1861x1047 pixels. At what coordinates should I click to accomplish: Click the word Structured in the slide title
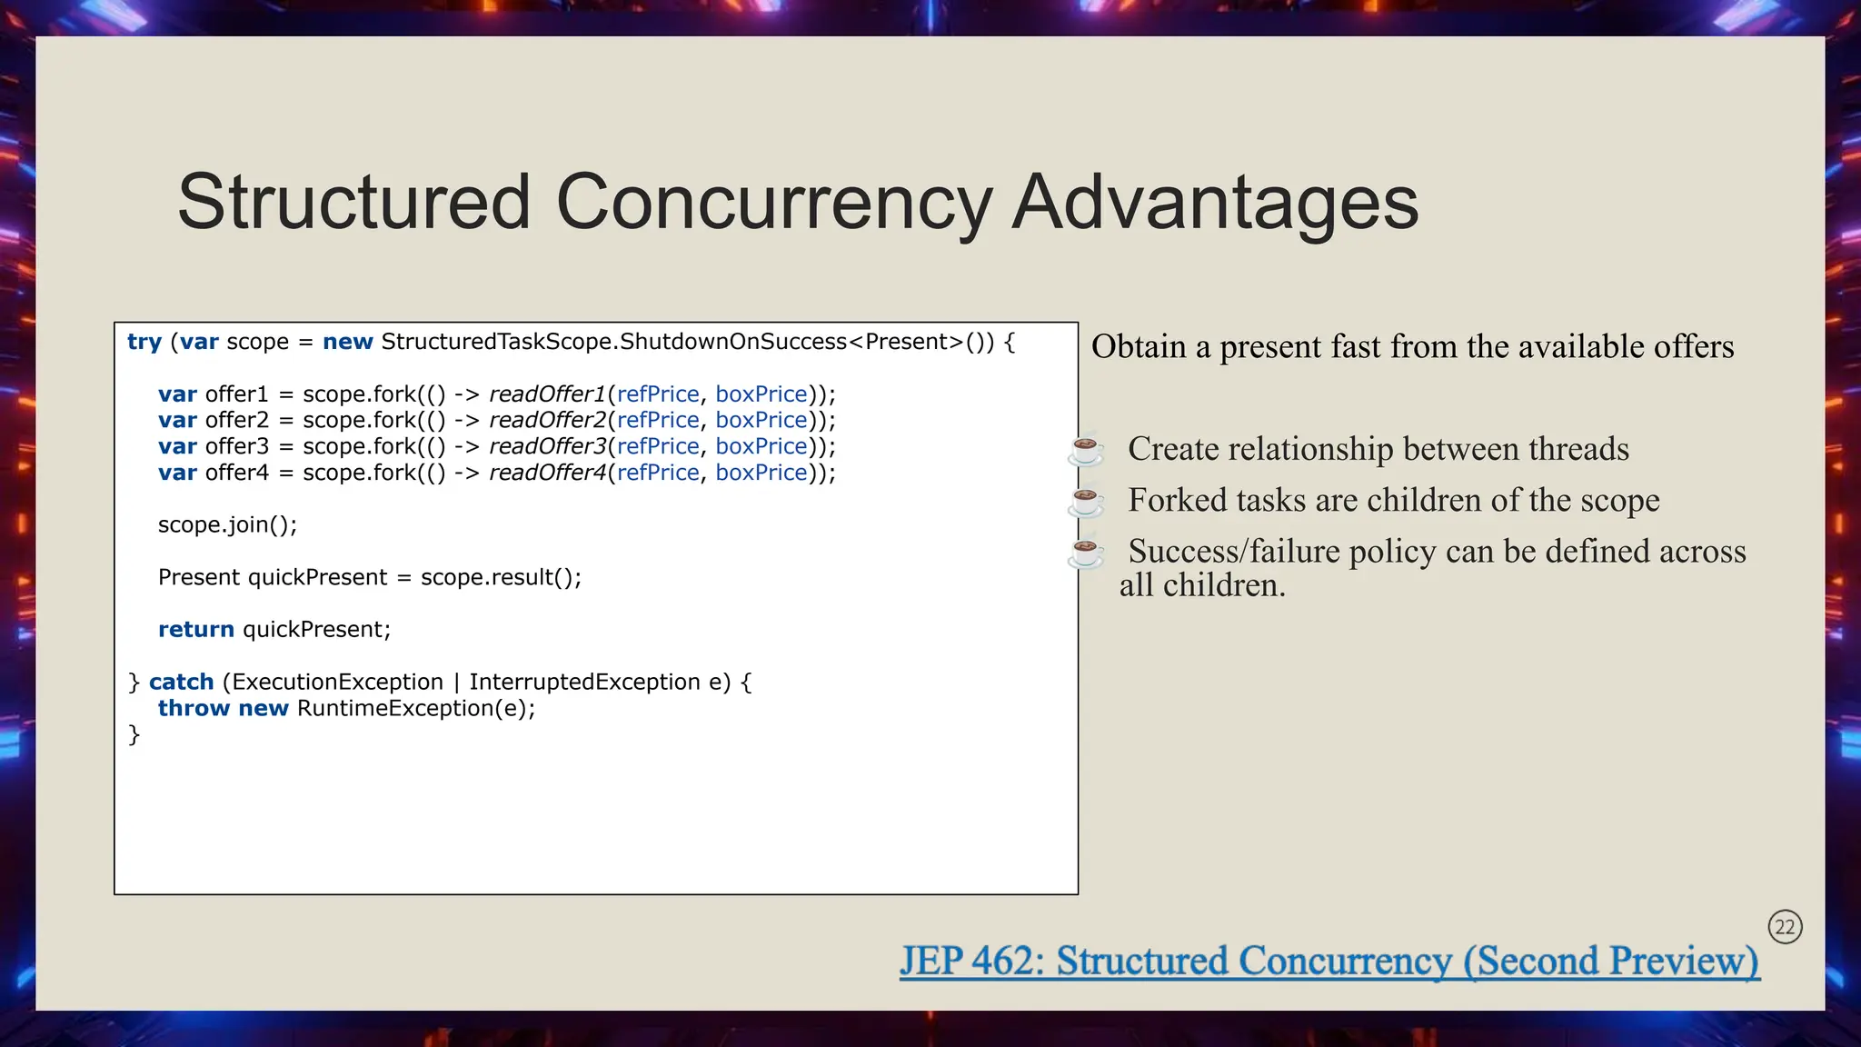(353, 202)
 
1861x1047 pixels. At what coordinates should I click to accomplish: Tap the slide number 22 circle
(1785, 927)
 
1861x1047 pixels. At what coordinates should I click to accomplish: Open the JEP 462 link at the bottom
(1329, 962)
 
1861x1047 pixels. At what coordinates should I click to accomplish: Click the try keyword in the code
(144, 343)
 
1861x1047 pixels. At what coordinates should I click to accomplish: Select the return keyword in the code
(195, 630)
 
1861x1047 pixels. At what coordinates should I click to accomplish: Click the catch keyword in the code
(181, 683)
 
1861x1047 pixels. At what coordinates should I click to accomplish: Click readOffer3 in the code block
(547, 447)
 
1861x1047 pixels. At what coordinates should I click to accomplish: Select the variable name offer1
(236, 394)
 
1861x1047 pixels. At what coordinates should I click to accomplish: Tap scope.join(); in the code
(227, 525)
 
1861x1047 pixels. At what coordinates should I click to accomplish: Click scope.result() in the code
(500, 578)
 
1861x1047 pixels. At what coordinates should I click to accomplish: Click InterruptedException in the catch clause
(584, 683)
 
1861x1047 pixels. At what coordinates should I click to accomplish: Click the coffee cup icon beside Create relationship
(1086, 450)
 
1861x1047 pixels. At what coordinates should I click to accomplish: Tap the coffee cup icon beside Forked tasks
(1086, 501)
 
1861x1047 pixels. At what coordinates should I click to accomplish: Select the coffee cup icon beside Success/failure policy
(1086, 552)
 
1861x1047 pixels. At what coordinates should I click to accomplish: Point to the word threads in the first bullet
(1577, 450)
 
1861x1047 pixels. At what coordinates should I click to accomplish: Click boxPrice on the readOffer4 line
(761, 474)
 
